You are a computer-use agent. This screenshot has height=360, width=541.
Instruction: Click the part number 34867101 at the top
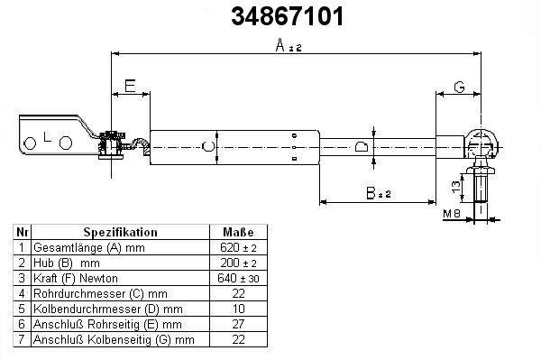tap(288, 16)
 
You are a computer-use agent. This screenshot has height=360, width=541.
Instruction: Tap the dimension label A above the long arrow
tap(289, 45)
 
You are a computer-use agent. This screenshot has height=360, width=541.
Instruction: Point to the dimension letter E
tap(130, 86)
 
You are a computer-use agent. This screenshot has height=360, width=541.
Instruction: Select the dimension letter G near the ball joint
tap(459, 87)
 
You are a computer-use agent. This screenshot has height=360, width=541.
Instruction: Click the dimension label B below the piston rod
tap(378, 193)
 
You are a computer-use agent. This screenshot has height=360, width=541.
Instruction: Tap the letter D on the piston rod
tap(362, 147)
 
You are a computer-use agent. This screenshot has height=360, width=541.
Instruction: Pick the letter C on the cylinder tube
tap(207, 147)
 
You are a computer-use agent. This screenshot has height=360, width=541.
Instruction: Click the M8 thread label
tap(452, 214)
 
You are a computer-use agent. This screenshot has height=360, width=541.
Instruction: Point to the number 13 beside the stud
tap(456, 187)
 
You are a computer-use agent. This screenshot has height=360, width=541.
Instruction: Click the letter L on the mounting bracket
tap(48, 137)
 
